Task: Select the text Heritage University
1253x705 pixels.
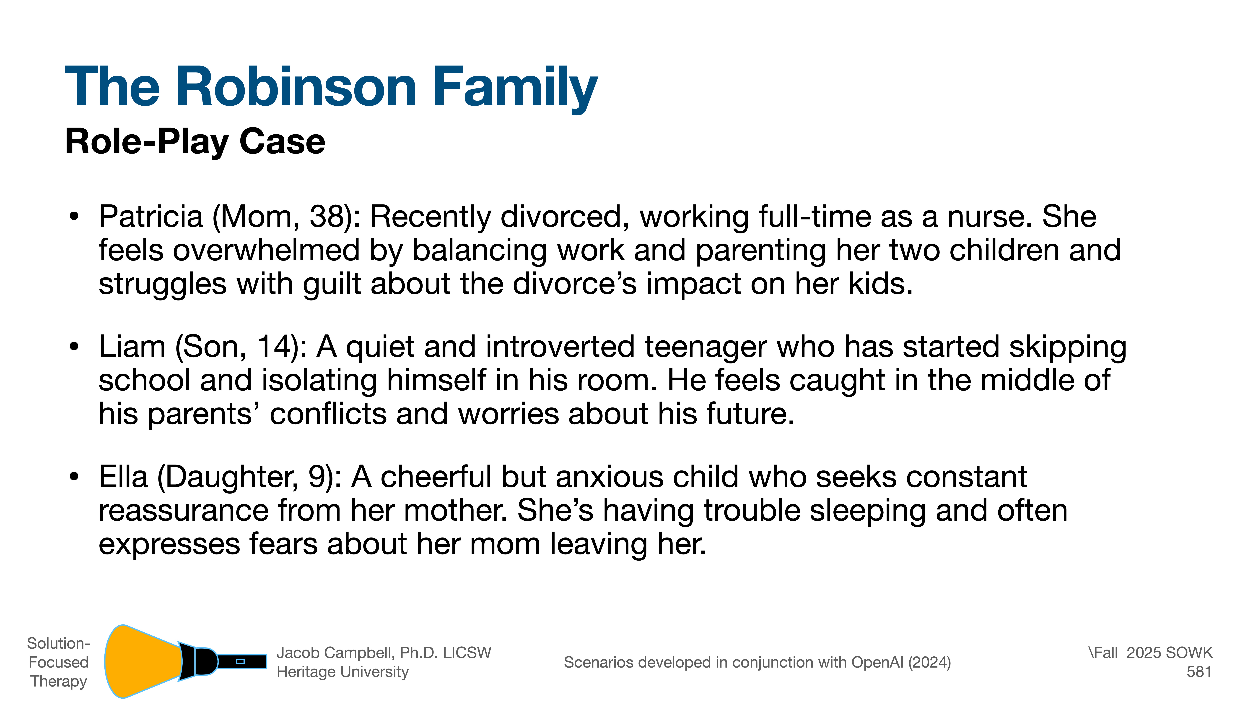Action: point(342,672)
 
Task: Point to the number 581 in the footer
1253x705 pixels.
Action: point(1199,672)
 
